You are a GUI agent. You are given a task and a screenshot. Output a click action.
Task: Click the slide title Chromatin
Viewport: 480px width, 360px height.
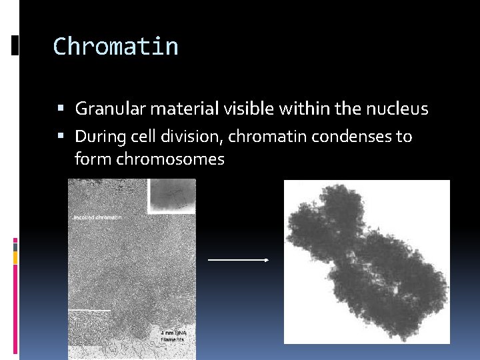115,47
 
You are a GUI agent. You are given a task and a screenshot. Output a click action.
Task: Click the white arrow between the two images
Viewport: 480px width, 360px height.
237,260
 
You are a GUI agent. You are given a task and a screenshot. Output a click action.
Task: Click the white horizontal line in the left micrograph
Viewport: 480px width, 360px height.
89,310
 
